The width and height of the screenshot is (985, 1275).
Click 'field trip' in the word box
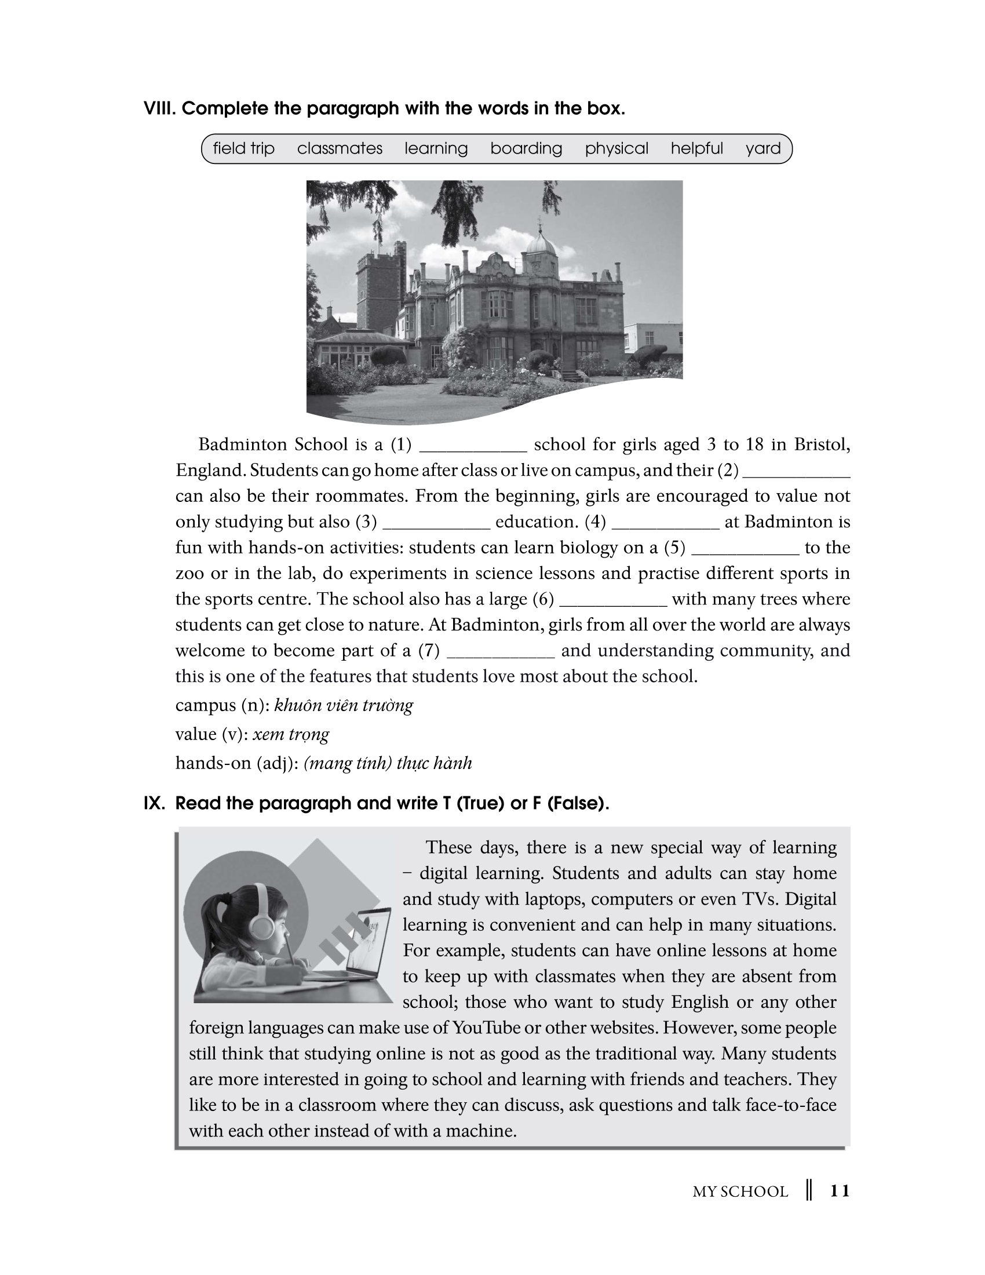pyautogui.click(x=243, y=148)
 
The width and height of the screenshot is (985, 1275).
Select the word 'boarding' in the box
pyautogui.click(x=526, y=148)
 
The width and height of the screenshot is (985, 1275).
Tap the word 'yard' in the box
pyautogui.click(x=763, y=148)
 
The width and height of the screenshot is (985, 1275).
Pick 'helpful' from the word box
pyautogui.click(x=696, y=148)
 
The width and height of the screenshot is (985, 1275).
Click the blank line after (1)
pyautogui.click(x=473, y=449)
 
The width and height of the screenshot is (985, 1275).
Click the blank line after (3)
pyautogui.click(x=436, y=526)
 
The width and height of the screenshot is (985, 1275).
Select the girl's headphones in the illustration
pyautogui.click(x=262, y=913)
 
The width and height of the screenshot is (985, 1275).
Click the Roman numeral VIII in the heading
pyautogui.click(x=159, y=108)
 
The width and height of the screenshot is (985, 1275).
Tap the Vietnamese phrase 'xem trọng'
pyautogui.click(x=291, y=734)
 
